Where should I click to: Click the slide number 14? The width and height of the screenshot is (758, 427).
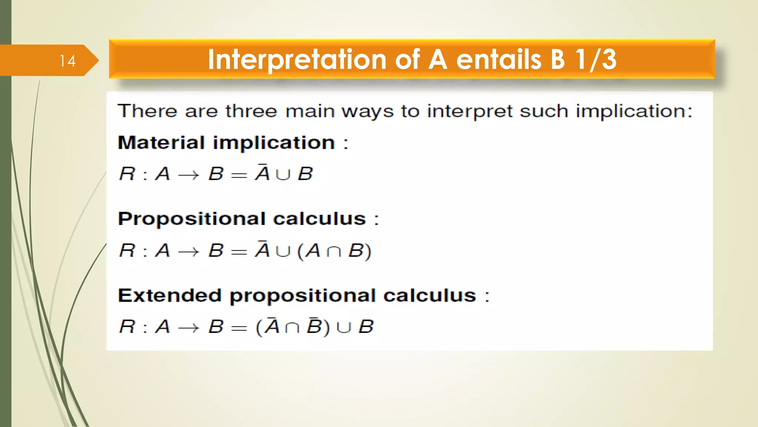coord(67,61)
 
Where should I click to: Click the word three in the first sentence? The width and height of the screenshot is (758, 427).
coord(251,111)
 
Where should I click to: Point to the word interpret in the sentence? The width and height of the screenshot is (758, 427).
coord(470,111)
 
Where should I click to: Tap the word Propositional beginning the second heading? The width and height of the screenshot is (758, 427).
coord(191,219)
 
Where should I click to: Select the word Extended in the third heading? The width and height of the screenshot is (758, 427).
coord(170,295)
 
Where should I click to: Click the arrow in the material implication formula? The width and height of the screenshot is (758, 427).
coord(188,175)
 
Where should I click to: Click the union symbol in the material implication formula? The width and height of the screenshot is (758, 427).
coord(283,175)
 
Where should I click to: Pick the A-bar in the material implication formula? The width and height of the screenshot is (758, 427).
coord(262,173)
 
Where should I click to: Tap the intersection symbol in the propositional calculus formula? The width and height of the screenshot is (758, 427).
coord(333,252)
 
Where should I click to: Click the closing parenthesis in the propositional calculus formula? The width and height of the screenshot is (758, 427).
coord(368,252)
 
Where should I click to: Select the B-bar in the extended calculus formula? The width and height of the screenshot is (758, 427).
coord(314,326)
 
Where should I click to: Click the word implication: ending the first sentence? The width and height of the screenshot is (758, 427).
coord(634,111)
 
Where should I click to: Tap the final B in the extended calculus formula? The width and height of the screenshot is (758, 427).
coord(366,327)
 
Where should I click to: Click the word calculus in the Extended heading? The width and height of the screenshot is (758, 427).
coord(429,295)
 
